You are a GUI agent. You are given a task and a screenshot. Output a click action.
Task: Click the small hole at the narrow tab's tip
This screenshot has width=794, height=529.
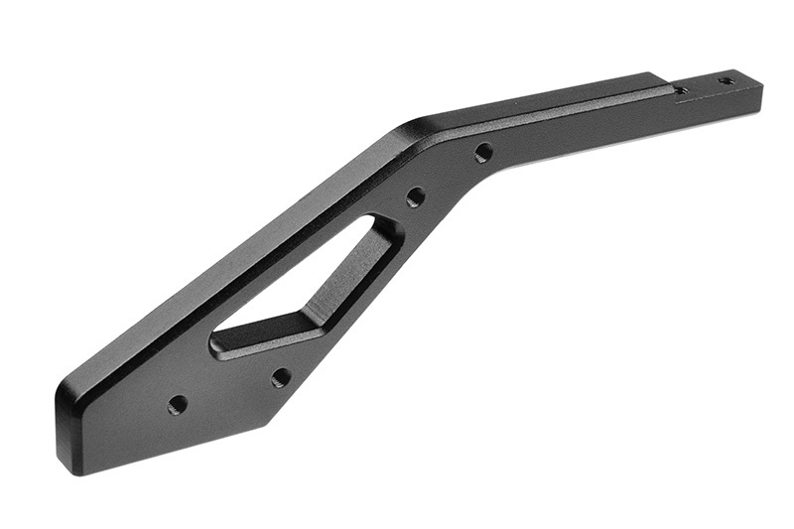pos(726,80)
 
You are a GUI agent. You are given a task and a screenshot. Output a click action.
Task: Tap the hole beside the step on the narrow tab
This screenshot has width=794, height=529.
pos(681,91)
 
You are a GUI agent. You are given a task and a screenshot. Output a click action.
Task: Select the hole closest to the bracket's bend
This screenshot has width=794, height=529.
pos(483,153)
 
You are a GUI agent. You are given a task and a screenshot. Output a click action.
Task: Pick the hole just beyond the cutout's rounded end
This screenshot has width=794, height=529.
pos(416,197)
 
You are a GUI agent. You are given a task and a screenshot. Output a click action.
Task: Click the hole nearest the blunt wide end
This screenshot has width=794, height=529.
pos(178,405)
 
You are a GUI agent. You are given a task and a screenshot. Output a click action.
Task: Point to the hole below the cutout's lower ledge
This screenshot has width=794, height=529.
pos(281,378)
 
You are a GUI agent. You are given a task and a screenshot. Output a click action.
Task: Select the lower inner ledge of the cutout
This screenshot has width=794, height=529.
pos(268,337)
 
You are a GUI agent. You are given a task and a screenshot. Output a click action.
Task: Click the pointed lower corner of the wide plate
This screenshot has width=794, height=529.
pos(267,422)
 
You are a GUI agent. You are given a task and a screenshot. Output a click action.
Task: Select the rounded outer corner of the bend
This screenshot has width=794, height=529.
pos(412,128)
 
